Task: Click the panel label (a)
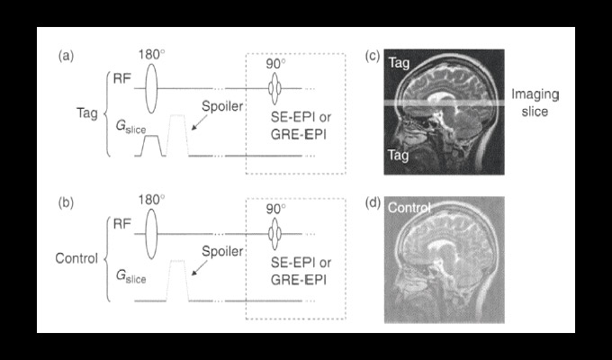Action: tap(66, 57)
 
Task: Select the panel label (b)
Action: tap(66, 203)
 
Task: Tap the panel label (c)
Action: tap(373, 56)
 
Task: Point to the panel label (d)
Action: tap(373, 203)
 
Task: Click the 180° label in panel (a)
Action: tap(151, 55)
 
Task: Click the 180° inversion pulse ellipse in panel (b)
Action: tap(151, 234)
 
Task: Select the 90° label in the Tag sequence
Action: tap(276, 64)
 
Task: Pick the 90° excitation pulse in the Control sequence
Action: tap(274, 233)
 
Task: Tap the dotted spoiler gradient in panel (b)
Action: tap(177, 280)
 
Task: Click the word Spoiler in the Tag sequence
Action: tap(222, 106)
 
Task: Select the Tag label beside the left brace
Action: tap(87, 113)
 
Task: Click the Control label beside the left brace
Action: tap(76, 258)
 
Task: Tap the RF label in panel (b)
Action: tap(121, 224)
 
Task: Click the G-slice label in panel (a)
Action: tap(130, 127)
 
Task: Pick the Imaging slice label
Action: tap(535, 103)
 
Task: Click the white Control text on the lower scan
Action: tap(409, 207)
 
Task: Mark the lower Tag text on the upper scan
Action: tap(398, 155)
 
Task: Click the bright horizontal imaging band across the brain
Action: tap(445, 103)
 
